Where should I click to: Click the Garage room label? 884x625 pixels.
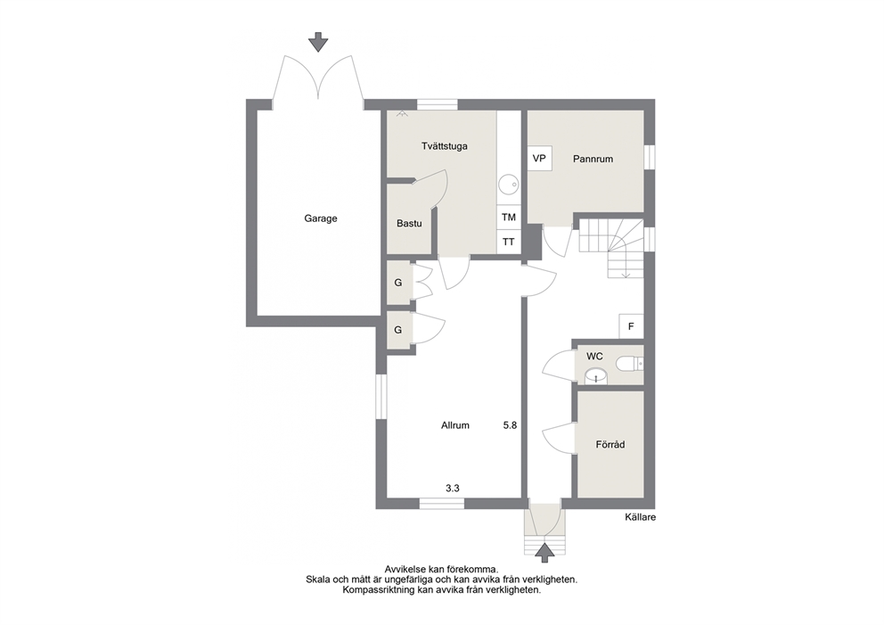pyautogui.click(x=320, y=218)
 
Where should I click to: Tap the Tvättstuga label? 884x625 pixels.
pyautogui.click(x=445, y=146)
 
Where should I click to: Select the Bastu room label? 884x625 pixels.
pyautogui.click(x=409, y=224)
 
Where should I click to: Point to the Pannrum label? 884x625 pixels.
pyautogui.click(x=593, y=159)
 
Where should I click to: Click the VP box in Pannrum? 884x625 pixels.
pyautogui.click(x=539, y=159)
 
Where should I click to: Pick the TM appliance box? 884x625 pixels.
pyautogui.click(x=509, y=218)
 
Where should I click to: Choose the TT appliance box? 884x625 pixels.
pyautogui.click(x=509, y=242)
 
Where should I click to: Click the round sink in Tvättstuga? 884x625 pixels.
pyautogui.click(x=509, y=184)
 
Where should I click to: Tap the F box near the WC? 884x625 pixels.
pyautogui.click(x=632, y=326)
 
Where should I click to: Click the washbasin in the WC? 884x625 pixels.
pyautogui.click(x=594, y=375)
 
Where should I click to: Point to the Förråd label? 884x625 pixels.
pyautogui.click(x=610, y=445)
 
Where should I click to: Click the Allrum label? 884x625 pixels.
pyautogui.click(x=455, y=426)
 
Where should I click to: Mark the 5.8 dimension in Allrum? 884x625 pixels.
pyautogui.click(x=510, y=426)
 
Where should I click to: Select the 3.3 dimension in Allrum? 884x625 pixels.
pyautogui.click(x=452, y=489)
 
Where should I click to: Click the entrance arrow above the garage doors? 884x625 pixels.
pyautogui.click(x=318, y=42)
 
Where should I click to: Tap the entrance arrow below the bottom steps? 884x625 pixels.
pyautogui.click(x=544, y=552)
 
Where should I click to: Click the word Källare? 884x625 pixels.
pyautogui.click(x=641, y=517)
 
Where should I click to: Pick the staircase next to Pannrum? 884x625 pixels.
pyautogui.click(x=611, y=248)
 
